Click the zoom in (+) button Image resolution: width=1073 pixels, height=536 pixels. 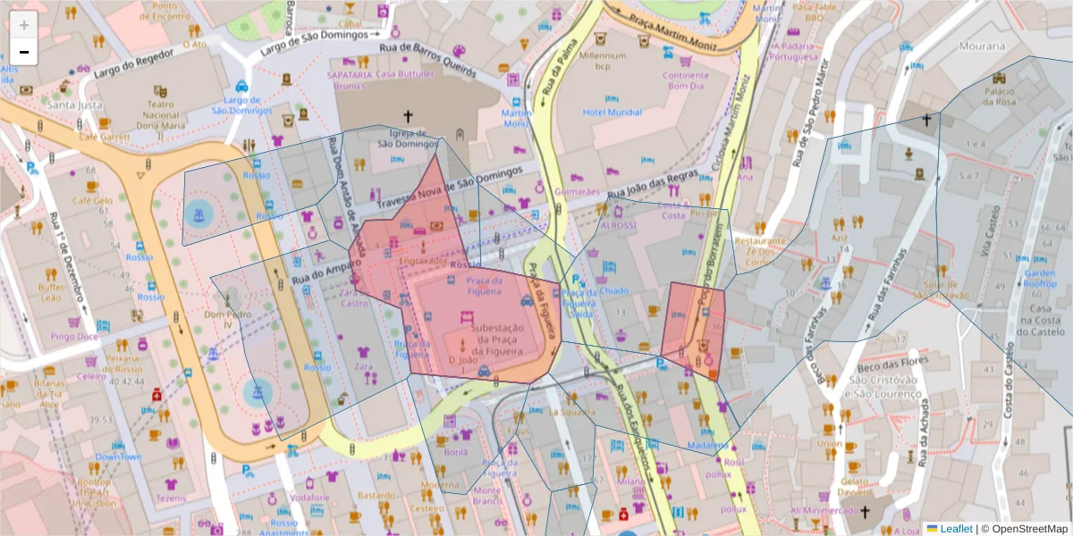24,25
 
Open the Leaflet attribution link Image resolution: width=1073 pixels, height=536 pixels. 955,529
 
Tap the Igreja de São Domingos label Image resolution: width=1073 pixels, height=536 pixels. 408,137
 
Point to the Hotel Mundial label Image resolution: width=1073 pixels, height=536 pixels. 613,113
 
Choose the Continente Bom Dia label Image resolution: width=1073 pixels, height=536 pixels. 686,81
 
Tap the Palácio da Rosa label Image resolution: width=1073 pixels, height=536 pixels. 1000,96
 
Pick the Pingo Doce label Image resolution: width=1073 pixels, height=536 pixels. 74,337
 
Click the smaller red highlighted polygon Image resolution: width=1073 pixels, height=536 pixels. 694,329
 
